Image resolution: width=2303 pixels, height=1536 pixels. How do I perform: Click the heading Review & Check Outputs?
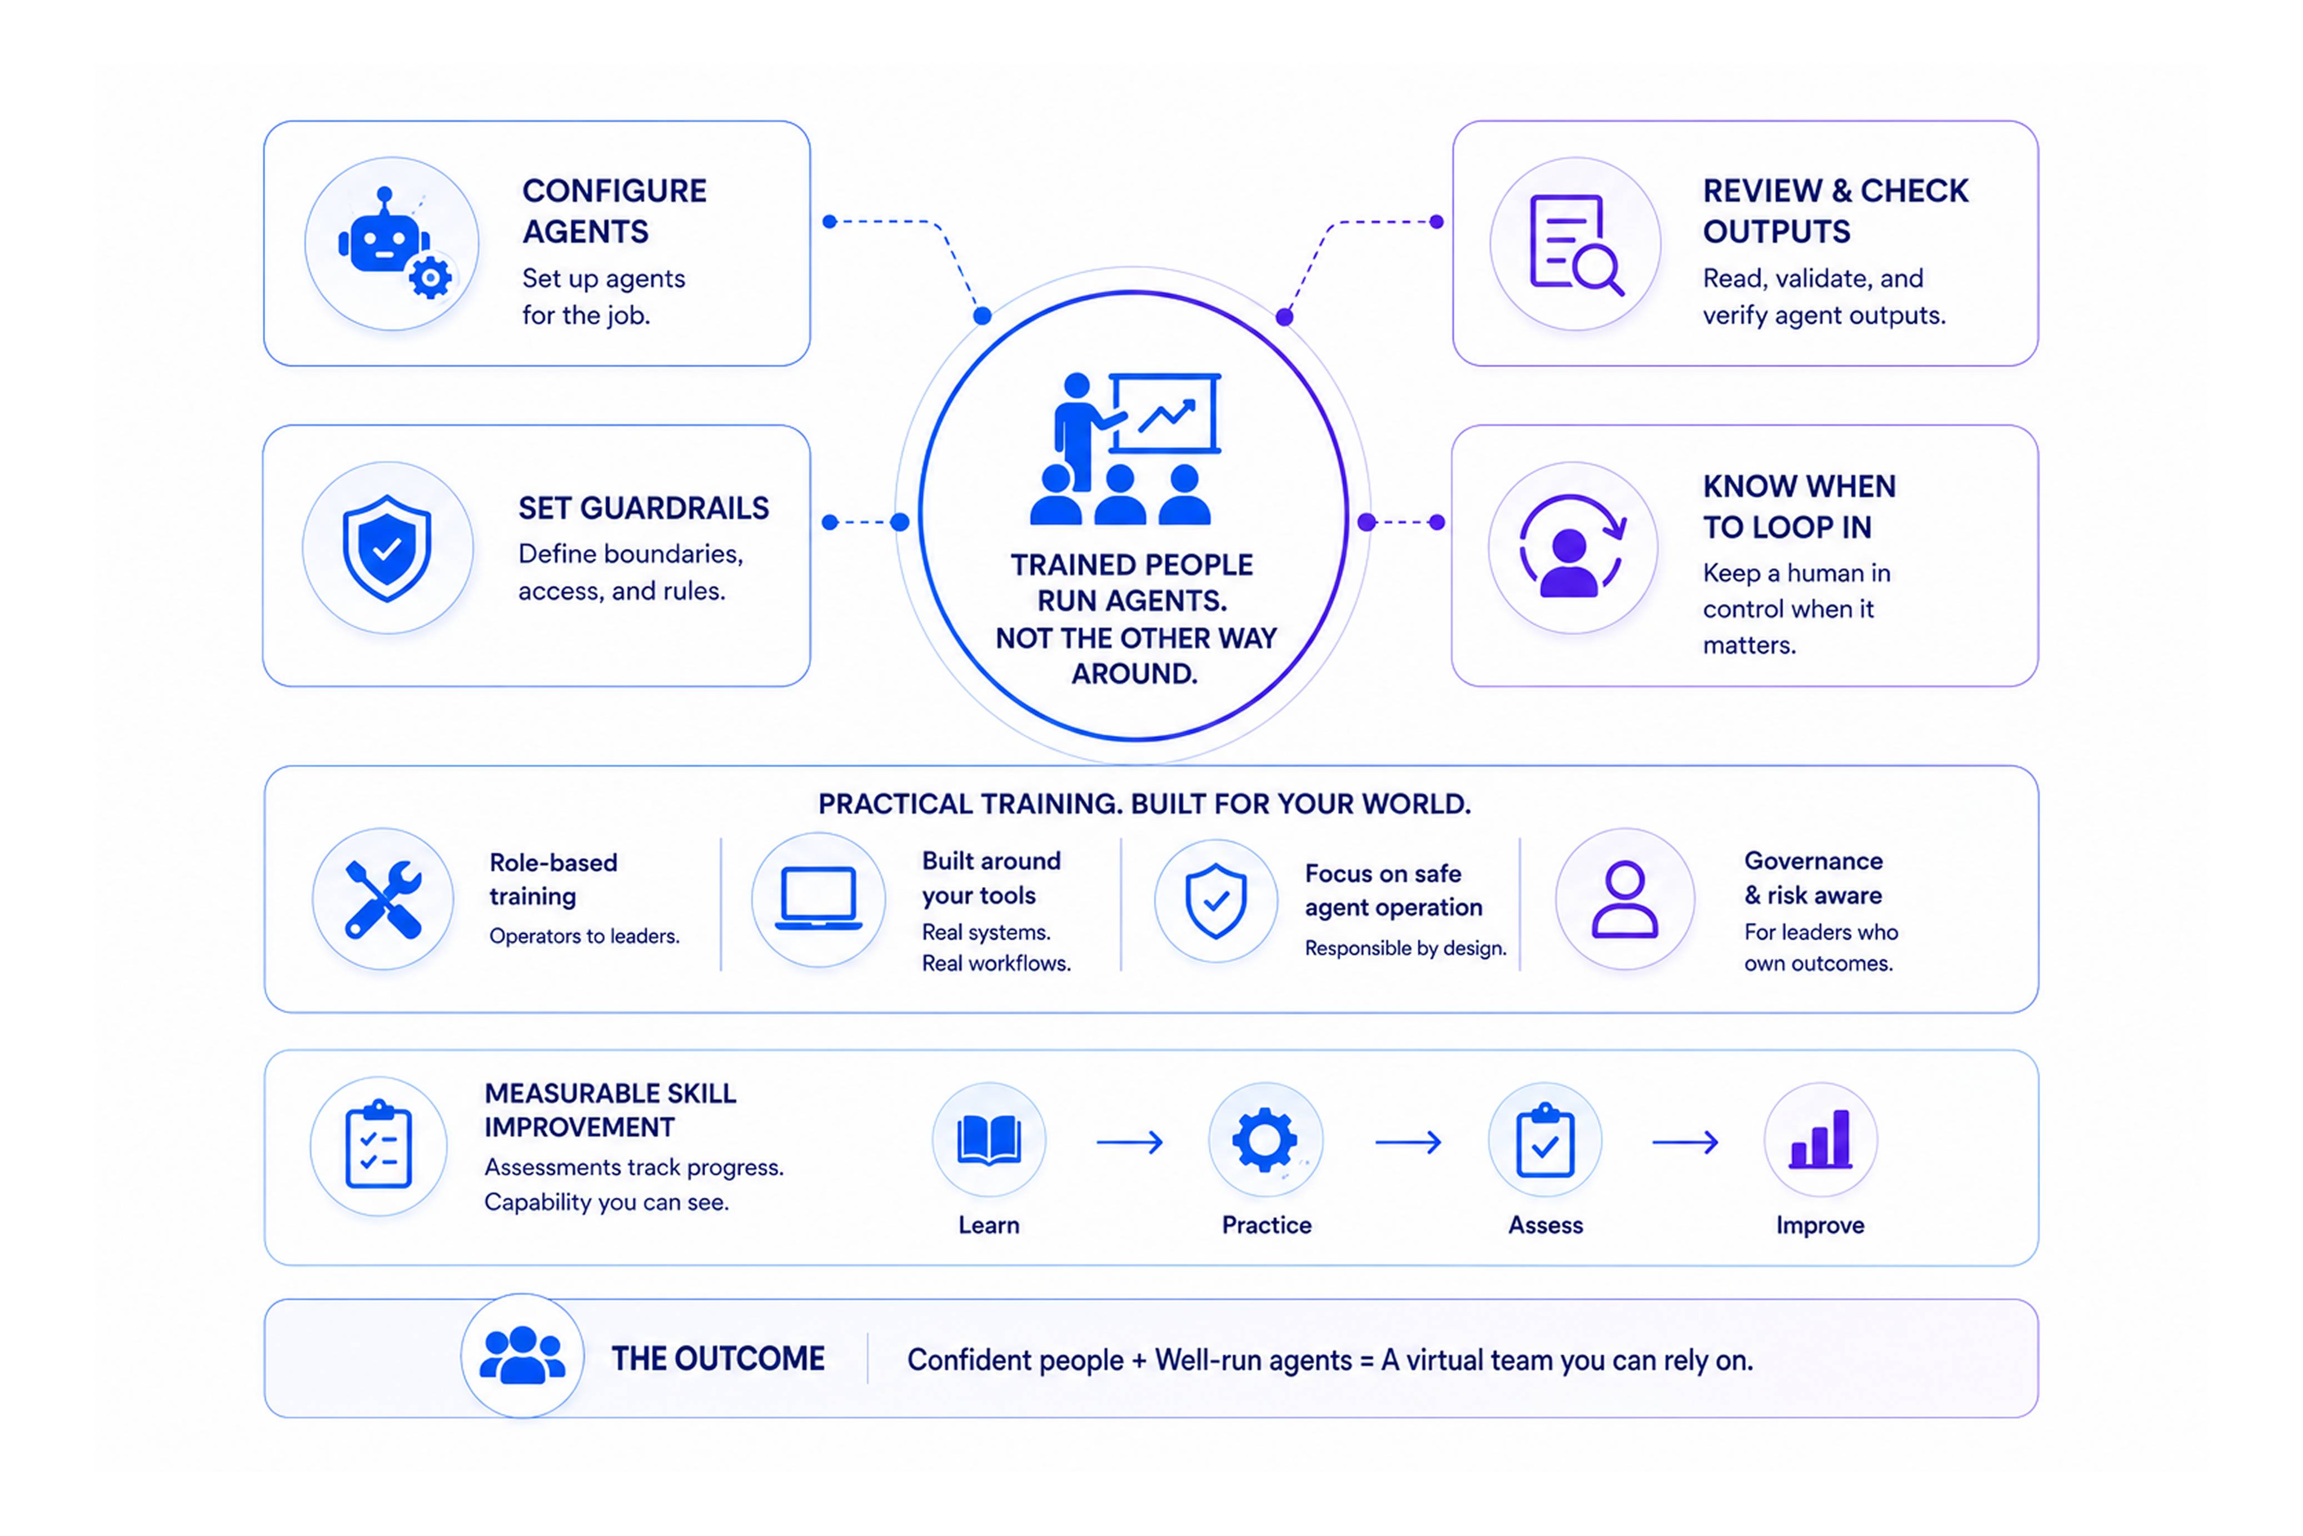[x=1835, y=211]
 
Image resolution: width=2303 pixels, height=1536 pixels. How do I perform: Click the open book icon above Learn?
[x=989, y=1140]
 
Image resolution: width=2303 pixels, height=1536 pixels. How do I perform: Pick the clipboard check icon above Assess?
[x=1545, y=1140]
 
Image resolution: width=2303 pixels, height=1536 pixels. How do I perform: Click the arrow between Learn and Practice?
[x=1129, y=1141]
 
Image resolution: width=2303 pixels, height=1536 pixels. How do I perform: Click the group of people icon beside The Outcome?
[x=522, y=1356]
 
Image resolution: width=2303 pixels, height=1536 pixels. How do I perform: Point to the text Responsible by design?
[x=1405, y=947]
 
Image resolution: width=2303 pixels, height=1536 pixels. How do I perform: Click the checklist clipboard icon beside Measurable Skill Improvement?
[x=379, y=1145]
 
